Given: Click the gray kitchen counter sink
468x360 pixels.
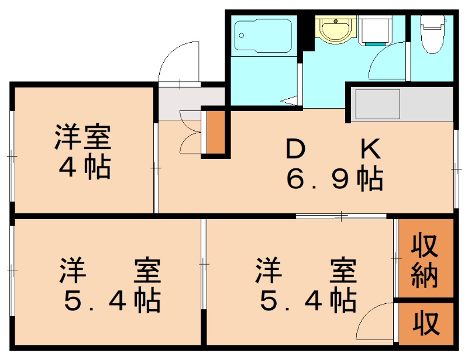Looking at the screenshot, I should (x=377, y=103).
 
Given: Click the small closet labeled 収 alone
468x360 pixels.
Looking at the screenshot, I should (x=426, y=323).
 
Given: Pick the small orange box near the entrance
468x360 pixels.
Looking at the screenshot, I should (x=216, y=133).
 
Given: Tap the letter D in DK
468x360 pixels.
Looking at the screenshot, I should (x=296, y=150).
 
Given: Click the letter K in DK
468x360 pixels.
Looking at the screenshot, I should (x=370, y=150).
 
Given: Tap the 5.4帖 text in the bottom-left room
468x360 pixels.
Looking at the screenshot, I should (x=111, y=301).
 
